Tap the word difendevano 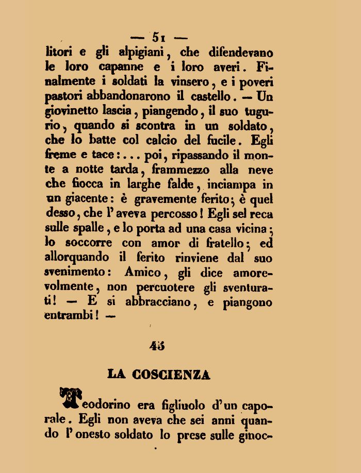[234, 52]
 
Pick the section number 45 [157, 346]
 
